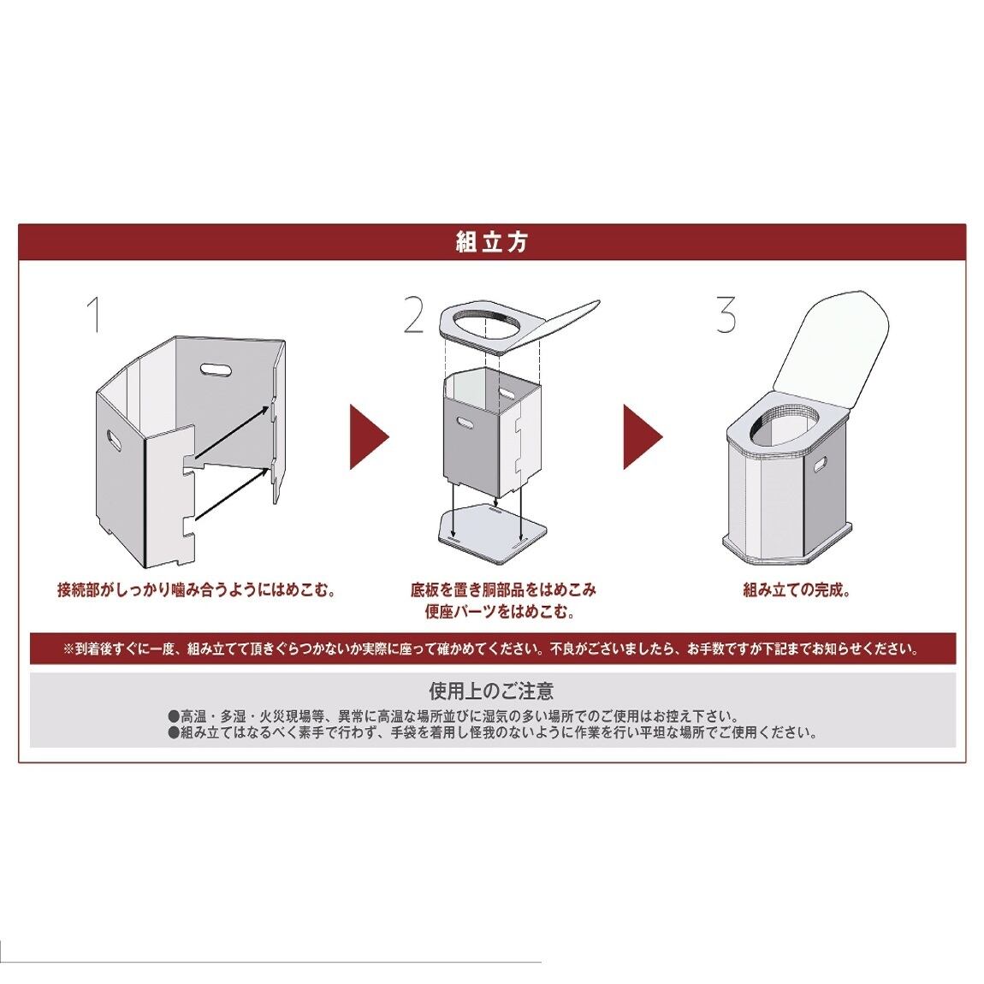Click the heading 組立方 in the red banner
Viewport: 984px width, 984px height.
[492, 242]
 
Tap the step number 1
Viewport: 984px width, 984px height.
[95, 314]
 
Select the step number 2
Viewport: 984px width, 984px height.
[413, 314]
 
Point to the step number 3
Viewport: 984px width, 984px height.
[726, 314]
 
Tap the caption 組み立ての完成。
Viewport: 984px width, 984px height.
[796, 590]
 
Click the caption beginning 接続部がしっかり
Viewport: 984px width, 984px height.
[195, 590]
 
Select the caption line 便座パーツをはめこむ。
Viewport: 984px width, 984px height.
[499, 612]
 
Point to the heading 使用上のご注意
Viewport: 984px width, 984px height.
[491, 690]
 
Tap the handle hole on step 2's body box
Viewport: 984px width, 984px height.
[468, 422]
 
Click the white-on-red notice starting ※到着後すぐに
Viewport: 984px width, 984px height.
[491, 649]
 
